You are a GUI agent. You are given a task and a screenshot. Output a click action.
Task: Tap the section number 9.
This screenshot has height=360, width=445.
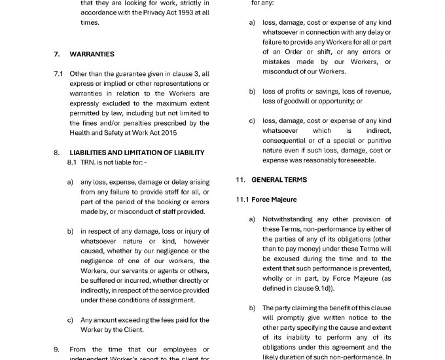(x=57, y=350)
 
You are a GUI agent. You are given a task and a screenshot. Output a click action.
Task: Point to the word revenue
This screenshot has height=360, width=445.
(x=378, y=92)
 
